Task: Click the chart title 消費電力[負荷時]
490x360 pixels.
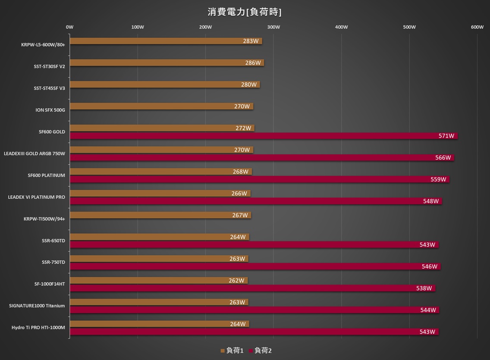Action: (x=245, y=12)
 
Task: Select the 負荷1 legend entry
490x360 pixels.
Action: (x=232, y=351)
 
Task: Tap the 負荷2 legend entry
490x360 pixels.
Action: (x=261, y=351)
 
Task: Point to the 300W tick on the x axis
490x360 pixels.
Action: (x=273, y=27)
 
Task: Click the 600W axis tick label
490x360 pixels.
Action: (x=477, y=27)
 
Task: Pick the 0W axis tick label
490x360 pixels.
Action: (x=70, y=27)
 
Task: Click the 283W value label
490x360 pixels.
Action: (x=251, y=41)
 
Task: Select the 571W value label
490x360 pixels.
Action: (x=446, y=136)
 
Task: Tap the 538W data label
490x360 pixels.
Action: (x=424, y=288)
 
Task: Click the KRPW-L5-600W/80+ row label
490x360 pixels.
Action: (x=43, y=44)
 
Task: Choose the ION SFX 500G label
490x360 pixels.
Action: (x=50, y=110)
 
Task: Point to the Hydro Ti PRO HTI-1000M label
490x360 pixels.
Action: (x=38, y=328)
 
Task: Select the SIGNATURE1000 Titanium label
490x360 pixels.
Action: (x=37, y=306)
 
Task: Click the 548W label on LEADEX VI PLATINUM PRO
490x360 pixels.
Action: (x=431, y=201)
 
